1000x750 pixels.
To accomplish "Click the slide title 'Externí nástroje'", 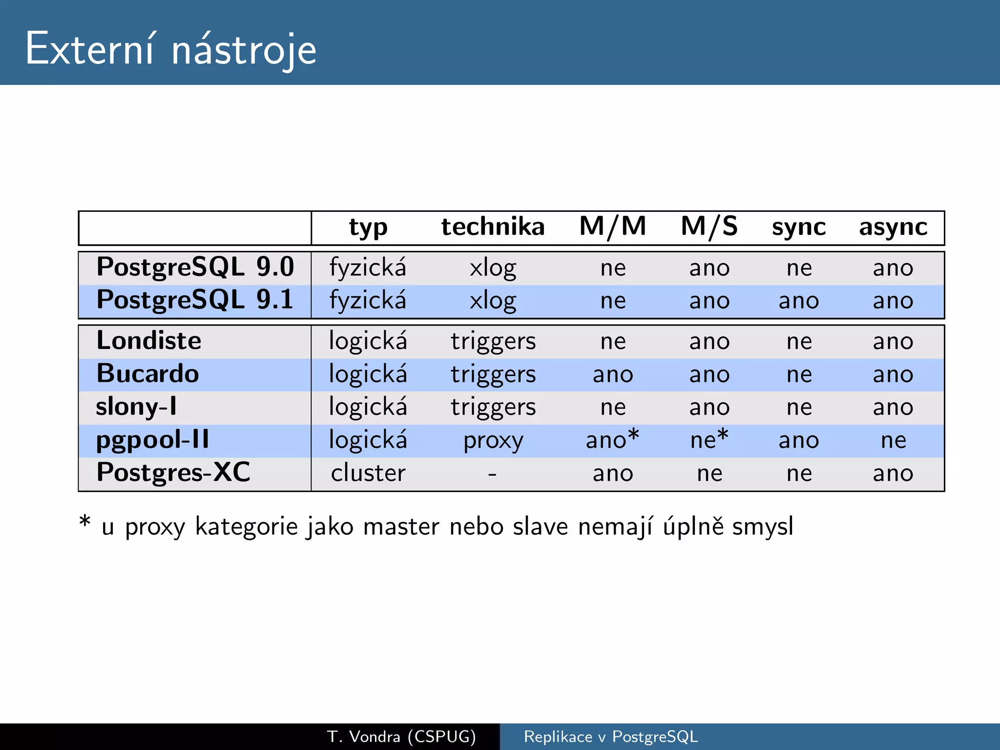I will pyautogui.click(x=171, y=49).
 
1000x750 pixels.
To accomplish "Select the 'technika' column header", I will pyautogui.click(x=493, y=227).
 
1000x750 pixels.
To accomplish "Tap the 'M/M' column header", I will pyautogui.click(x=613, y=227).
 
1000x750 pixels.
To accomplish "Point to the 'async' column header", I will pyautogui.click(x=893, y=227).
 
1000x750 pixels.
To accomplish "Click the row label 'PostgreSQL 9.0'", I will pyautogui.click(x=195, y=268).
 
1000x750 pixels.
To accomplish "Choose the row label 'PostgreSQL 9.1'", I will pyautogui.click(x=195, y=300).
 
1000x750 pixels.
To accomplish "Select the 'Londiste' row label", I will pyautogui.click(x=149, y=341).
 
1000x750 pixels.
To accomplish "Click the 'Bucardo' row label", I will pyautogui.click(x=148, y=374).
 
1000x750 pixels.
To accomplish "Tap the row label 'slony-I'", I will pyautogui.click(x=136, y=407).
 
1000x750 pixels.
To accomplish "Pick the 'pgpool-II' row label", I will pyautogui.click(x=152, y=440).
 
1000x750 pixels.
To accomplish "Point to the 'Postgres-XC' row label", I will pyautogui.click(x=173, y=473).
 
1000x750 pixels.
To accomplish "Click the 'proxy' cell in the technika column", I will pyautogui.click(x=493, y=441).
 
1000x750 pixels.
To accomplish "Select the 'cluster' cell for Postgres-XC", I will pyautogui.click(x=368, y=473).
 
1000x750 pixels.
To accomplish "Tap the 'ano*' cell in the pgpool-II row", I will pyautogui.click(x=612, y=439).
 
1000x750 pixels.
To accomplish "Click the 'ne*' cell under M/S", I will pyautogui.click(x=709, y=439).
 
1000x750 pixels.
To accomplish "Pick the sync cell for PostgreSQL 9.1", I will pyautogui.click(x=799, y=301).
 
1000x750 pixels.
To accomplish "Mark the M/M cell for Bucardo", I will pyautogui.click(x=613, y=375).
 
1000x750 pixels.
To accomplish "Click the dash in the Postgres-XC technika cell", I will pyautogui.click(x=492, y=474).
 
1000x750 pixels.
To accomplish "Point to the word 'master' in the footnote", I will pyautogui.click(x=401, y=527).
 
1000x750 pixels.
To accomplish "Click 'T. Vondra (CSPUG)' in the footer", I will pyautogui.click(x=401, y=736).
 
